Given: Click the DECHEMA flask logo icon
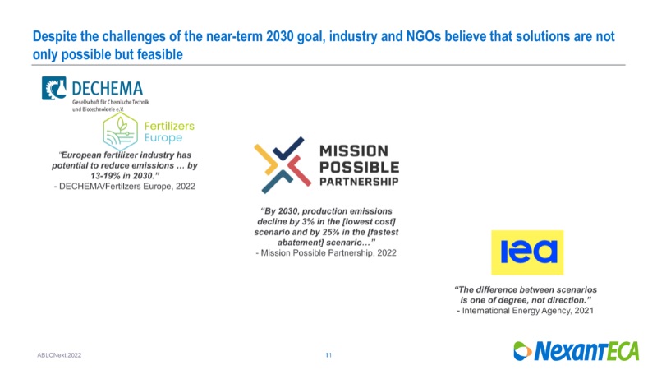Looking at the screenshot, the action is [x=53, y=88].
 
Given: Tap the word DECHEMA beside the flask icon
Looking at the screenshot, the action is [x=108, y=89].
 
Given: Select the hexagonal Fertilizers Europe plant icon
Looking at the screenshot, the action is [x=120, y=132].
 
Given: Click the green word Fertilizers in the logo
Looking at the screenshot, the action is [x=169, y=126].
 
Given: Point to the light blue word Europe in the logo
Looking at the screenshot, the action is [x=163, y=138].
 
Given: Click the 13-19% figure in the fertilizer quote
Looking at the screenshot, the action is [x=107, y=176].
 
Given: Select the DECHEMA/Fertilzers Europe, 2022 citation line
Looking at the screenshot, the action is [x=125, y=187].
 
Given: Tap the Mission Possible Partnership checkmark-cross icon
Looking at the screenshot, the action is [x=283, y=165].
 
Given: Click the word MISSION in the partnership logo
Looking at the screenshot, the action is [x=354, y=151].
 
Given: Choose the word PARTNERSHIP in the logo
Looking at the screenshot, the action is [x=359, y=182].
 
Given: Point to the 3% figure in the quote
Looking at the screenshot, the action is [x=307, y=221].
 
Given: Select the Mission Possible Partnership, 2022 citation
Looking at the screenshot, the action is [x=326, y=253].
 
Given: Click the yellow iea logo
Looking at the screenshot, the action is [x=527, y=252].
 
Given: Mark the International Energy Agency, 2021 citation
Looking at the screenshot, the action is [x=525, y=311].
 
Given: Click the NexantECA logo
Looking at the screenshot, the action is [x=577, y=351].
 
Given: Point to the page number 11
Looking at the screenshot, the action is [x=328, y=355].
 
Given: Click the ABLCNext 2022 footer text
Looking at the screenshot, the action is [x=59, y=355].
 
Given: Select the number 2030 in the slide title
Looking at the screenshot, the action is [x=280, y=36].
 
